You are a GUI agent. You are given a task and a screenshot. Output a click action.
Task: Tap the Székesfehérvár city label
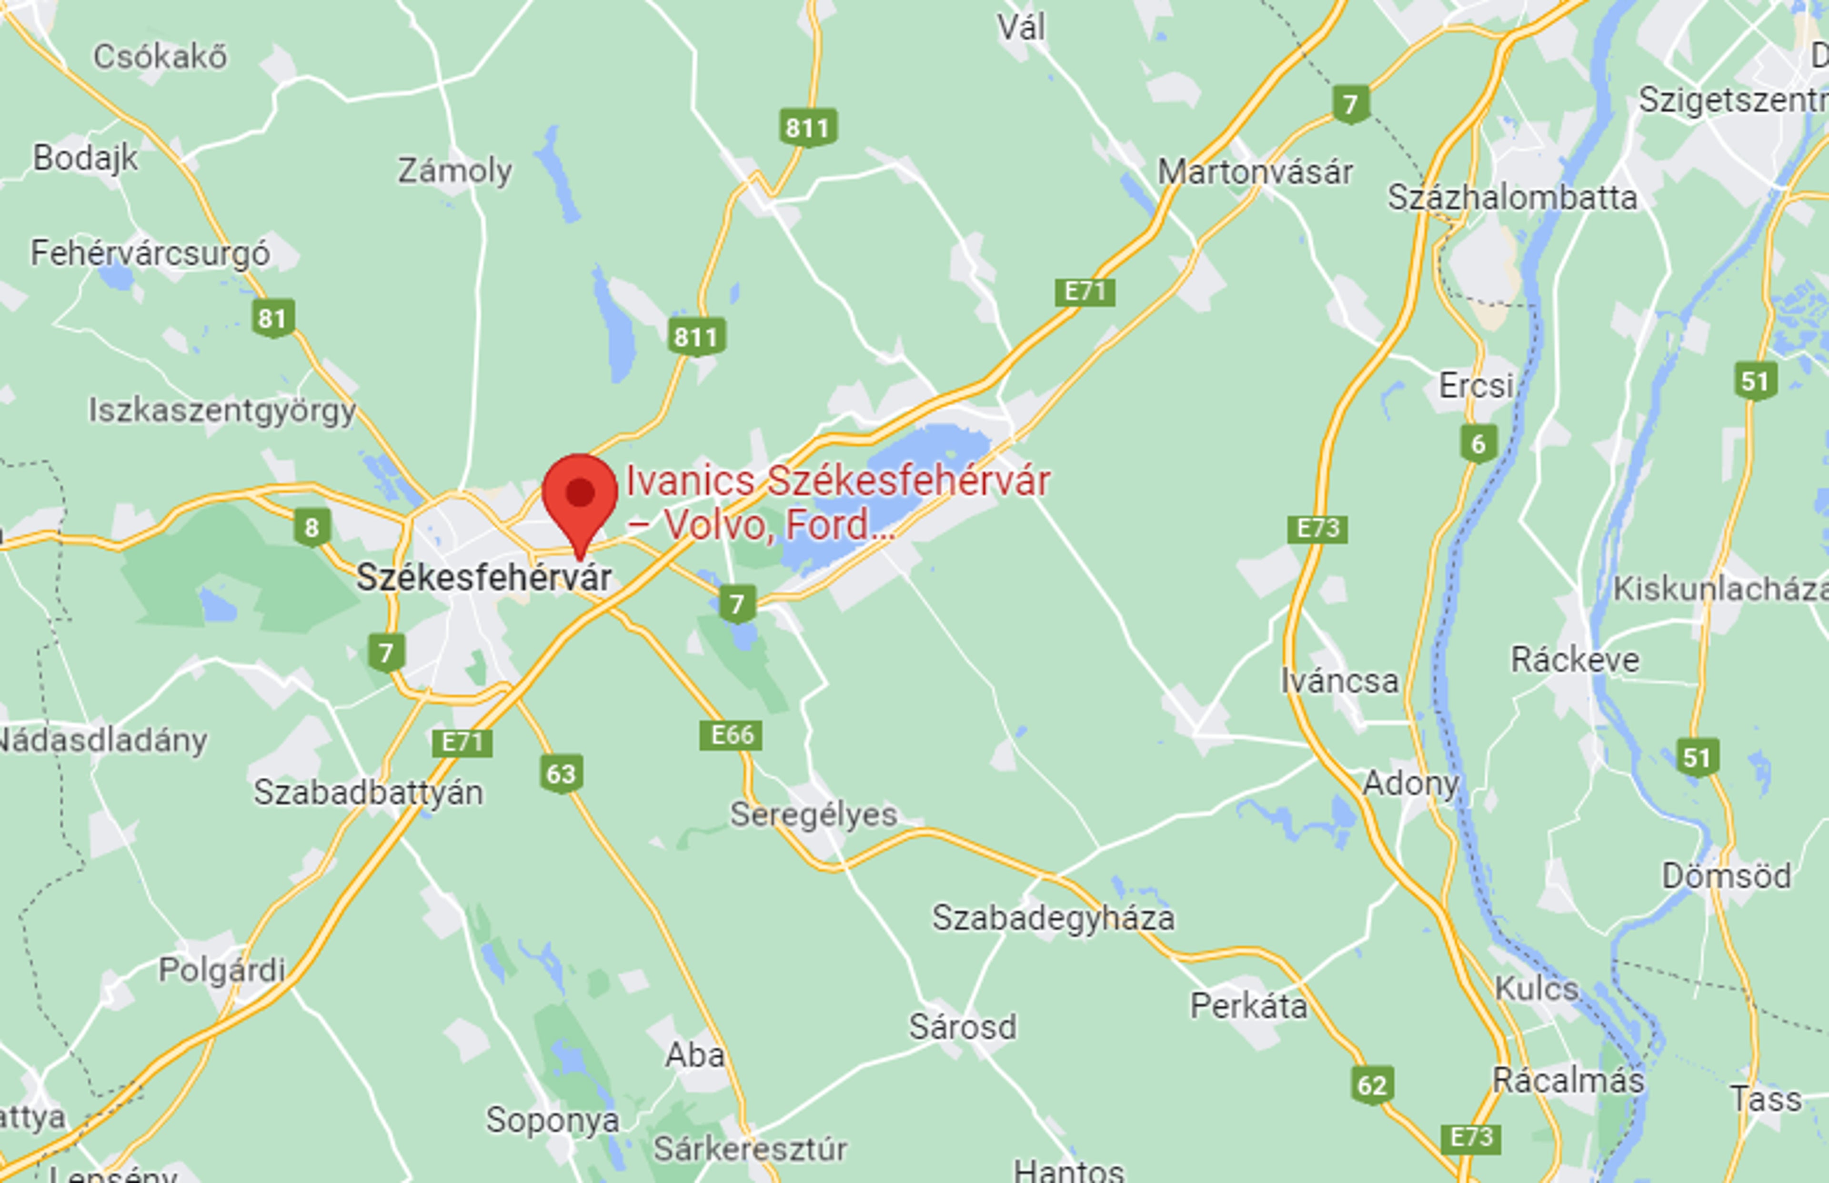click(484, 578)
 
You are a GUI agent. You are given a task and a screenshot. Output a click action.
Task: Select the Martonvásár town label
click(1255, 171)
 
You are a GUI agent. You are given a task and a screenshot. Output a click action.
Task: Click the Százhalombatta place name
click(1512, 198)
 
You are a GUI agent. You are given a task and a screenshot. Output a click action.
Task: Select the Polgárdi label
click(221, 970)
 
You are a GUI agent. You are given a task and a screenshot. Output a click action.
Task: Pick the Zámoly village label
click(455, 170)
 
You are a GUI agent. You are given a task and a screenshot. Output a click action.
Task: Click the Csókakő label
click(160, 57)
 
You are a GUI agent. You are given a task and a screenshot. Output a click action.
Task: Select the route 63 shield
click(561, 773)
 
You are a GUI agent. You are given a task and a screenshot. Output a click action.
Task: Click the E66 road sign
click(731, 735)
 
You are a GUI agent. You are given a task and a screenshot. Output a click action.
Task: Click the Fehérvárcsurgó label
click(150, 253)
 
